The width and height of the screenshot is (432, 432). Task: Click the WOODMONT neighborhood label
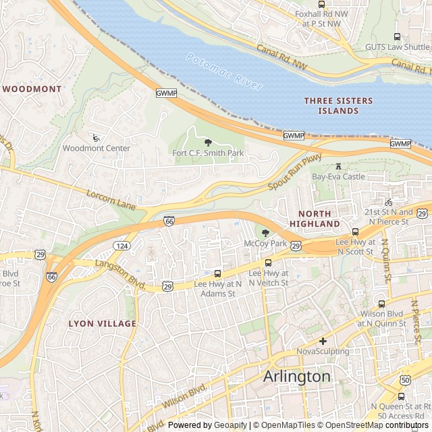32,88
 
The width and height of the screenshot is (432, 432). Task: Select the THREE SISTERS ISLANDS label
338,105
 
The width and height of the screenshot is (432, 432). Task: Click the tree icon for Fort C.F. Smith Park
208,142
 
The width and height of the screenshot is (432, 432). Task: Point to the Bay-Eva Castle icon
338,166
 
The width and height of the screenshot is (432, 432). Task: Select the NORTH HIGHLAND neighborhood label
315,218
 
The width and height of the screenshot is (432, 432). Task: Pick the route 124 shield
122,245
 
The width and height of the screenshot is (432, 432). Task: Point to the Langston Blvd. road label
122,275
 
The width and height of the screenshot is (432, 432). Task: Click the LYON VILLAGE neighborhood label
102,323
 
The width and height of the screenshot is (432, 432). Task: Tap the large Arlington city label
297,376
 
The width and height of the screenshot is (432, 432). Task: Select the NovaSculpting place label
323,351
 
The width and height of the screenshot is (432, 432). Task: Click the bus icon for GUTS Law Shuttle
397,36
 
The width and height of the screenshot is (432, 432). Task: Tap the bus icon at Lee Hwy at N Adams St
217,274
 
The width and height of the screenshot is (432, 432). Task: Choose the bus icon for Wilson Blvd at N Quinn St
382,304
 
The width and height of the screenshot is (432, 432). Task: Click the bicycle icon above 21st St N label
387,202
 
